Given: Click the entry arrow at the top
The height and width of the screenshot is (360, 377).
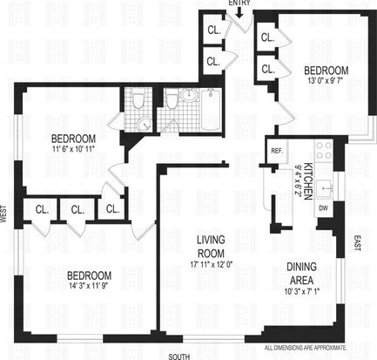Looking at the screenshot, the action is [239, 13].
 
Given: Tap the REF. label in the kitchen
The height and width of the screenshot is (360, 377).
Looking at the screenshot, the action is [277, 151].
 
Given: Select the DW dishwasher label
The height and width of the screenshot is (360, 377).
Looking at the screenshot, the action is [324, 208].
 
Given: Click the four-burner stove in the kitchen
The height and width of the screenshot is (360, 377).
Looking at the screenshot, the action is [324, 151].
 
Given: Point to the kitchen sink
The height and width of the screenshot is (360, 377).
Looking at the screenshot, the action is [325, 188].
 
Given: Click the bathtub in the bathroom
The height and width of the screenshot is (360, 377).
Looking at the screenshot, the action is [212, 110].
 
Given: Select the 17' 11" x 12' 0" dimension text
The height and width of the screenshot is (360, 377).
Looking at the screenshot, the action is [211, 264].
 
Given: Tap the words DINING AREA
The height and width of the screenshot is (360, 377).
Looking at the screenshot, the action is [301, 274].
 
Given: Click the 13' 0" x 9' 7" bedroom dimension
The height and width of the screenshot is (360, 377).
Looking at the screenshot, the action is [326, 80].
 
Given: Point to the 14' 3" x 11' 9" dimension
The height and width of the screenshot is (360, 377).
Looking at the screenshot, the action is [89, 285].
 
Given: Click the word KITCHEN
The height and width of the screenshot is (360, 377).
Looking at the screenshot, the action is [307, 181].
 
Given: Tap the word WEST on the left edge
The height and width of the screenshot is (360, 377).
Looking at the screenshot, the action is [3, 214].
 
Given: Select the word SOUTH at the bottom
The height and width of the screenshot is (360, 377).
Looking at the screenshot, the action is [179, 357].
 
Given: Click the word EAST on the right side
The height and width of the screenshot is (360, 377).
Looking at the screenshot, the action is [357, 243].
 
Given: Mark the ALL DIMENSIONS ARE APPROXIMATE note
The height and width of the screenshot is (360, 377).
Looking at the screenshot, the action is [306, 348].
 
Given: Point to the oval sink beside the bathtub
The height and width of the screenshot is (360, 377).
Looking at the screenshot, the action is [189, 94].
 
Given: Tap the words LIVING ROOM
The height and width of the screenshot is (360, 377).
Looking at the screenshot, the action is [211, 247].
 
